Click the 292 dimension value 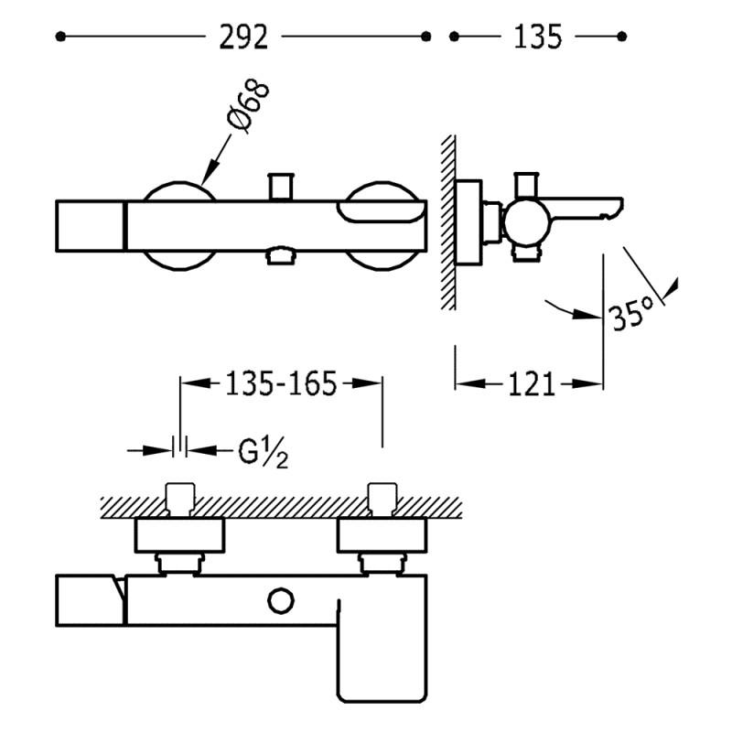pyautogui.click(x=243, y=37)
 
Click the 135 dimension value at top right pyautogui.click(x=537, y=37)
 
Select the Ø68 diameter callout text pyautogui.click(x=248, y=106)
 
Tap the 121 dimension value pyautogui.click(x=532, y=384)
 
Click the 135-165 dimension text pyautogui.click(x=281, y=383)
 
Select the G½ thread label pyautogui.click(x=264, y=452)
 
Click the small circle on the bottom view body pyautogui.click(x=281, y=601)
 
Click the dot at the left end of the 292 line pyautogui.click(x=60, y=37)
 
